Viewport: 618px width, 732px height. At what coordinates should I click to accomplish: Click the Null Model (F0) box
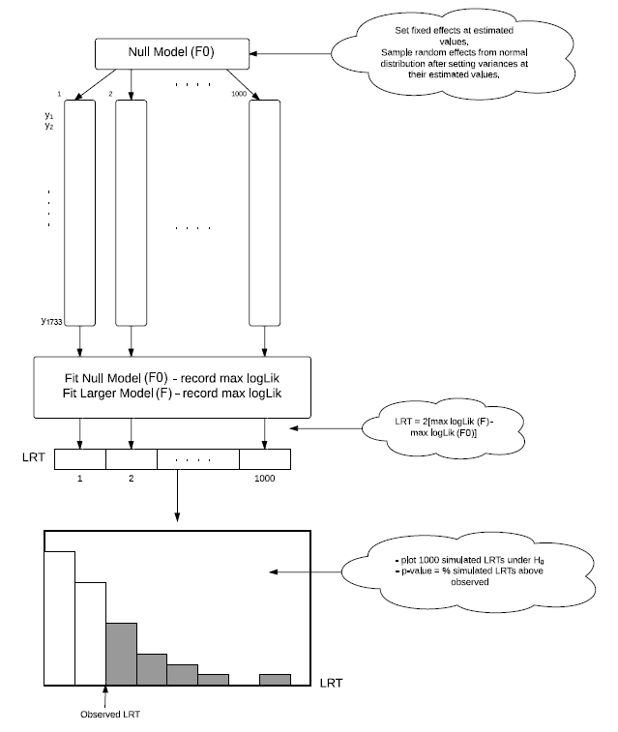[x=171, y=52]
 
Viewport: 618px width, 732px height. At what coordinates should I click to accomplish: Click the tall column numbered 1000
[x=264, y=214]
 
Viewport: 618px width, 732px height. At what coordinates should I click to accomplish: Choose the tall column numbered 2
[x=131, y=214]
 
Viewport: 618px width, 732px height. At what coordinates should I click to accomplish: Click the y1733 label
[x=49, y=324]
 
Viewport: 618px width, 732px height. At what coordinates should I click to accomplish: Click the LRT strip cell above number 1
[x=80, y=458]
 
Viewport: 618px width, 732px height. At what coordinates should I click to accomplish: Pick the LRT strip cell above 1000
[x=264, y=458]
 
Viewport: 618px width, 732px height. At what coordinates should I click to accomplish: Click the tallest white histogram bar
[x=59, y=618]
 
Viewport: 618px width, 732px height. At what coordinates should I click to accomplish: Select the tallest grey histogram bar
[x=121, y=654]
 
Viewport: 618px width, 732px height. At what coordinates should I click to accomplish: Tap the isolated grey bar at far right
[x=275, y=680]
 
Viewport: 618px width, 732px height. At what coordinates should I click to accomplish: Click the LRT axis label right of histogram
[x=332, y=684]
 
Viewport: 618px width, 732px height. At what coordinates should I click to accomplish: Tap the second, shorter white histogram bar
[x=90, y=633]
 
